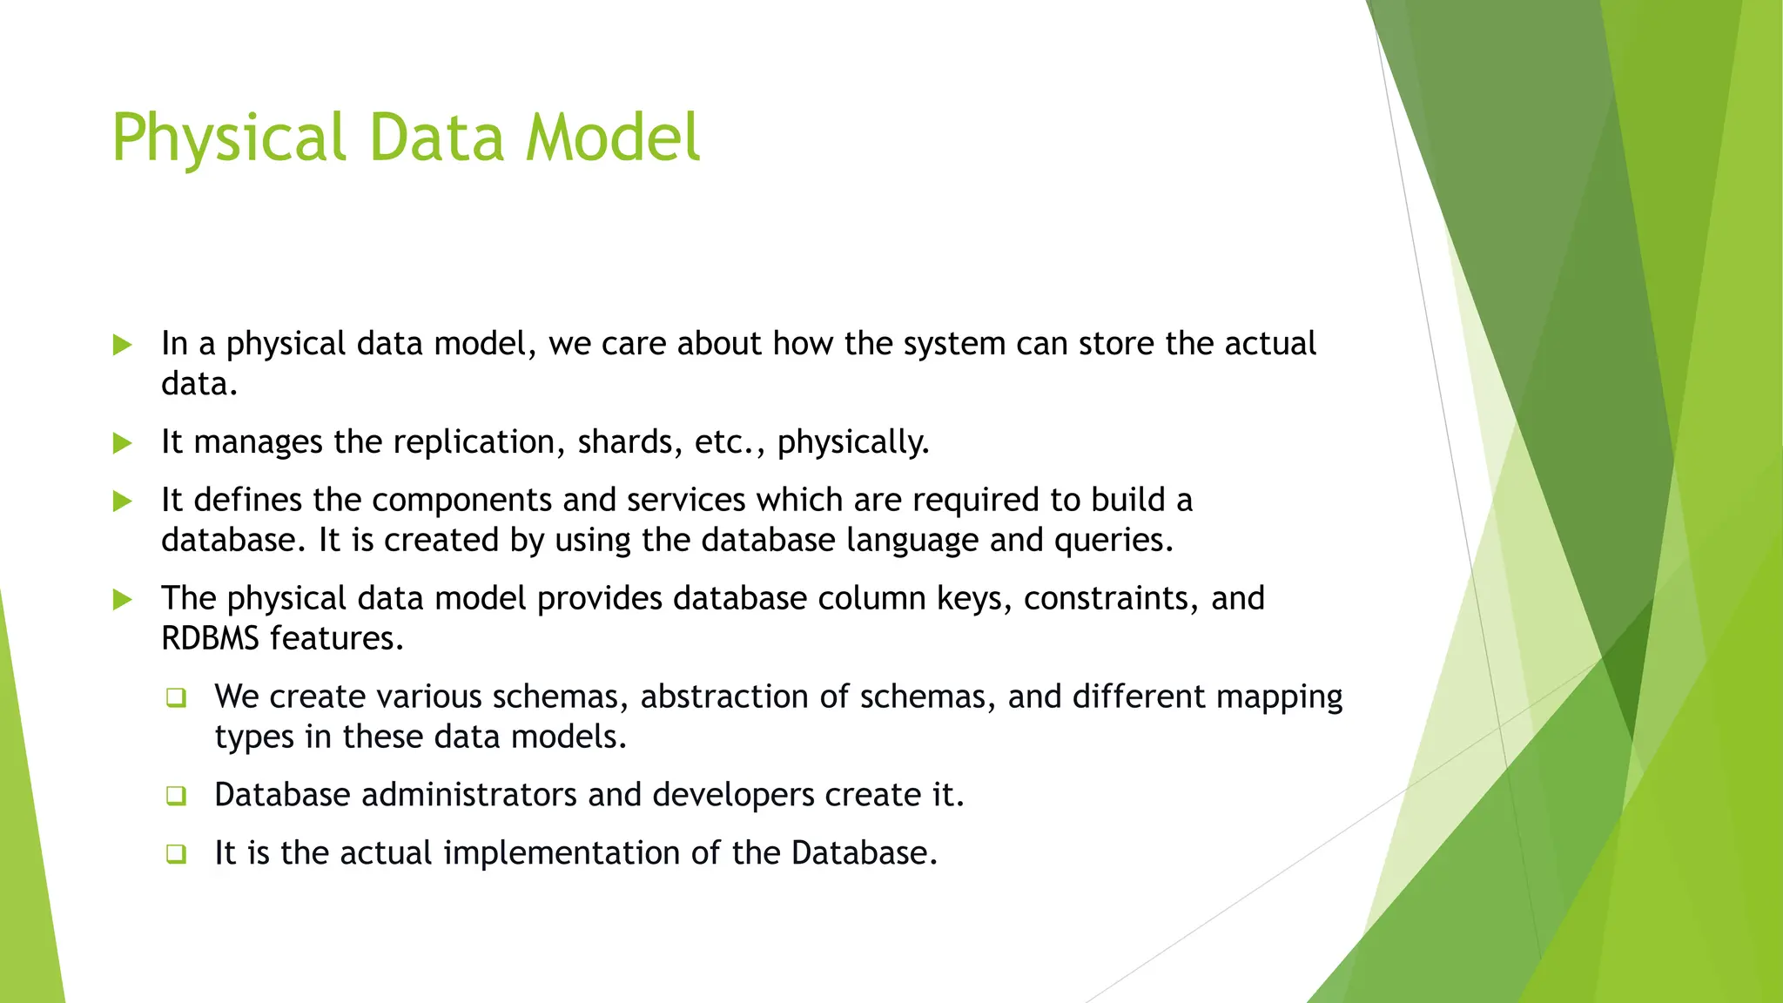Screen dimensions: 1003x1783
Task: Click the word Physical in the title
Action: click(x=228, y=138)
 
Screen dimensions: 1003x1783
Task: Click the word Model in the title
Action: click(x=613, y=138)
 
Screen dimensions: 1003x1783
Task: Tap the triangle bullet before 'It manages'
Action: click(x=123, y=443)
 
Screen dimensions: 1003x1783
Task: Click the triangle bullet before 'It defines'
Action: click(x=123, y=501)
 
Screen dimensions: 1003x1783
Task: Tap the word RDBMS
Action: click(x=210, y=638)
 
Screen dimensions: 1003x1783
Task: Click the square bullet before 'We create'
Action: click(x=176, y=697)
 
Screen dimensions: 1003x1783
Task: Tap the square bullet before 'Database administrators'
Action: click(x=176, y=796)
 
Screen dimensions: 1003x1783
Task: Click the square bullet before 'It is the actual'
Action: click(x=176, y=853)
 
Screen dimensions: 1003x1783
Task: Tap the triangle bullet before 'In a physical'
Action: click(x=123, y=345)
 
